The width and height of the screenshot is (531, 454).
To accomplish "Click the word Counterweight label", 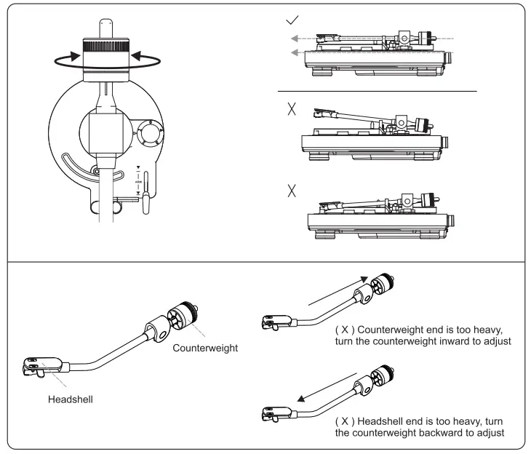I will (x=205, y=349).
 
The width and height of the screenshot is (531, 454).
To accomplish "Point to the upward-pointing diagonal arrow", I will (x=336, y=289).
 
